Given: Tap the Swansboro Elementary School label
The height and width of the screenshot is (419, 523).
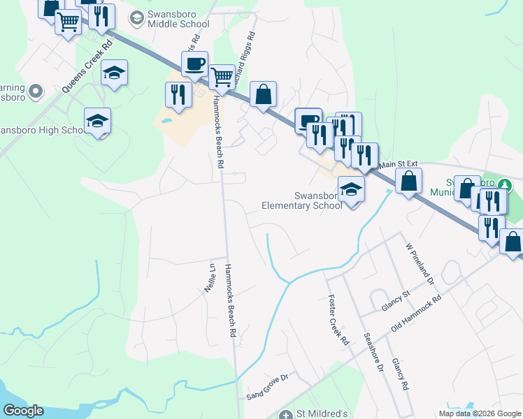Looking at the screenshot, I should pos(302,200).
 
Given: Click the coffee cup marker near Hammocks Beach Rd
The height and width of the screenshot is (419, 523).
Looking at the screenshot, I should pos(194,64).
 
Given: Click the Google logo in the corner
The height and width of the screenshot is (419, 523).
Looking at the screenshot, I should pos(23,411).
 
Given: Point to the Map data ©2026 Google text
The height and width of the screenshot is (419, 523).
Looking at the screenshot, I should pos(480,413).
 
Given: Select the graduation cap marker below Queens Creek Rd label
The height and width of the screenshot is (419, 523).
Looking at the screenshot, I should pos(114,73).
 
